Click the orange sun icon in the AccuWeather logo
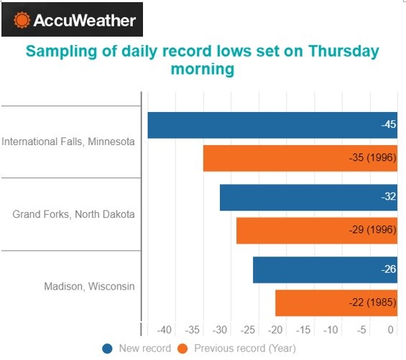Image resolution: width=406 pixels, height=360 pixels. point(22,20)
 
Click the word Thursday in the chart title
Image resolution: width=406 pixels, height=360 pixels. point(343,51)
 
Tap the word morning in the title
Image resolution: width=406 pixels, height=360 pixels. point(203,69)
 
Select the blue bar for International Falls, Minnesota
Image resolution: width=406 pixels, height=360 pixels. point(272,125)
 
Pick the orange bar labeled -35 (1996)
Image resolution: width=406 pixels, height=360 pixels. point(300,158)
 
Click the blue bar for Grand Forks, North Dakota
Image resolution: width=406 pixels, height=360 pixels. point(309,198)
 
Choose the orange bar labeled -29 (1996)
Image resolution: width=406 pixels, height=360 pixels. point(317,231)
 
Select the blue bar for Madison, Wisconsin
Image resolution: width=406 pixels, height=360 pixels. point(326,270)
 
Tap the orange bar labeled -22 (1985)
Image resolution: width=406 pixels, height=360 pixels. point(336,303)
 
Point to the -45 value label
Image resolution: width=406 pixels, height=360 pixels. point(389,124)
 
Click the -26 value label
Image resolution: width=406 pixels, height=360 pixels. point(389,269)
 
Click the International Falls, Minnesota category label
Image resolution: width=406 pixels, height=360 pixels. point(68,142)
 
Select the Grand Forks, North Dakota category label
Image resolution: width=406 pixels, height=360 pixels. point(73,214)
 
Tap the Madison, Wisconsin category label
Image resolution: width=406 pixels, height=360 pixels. point(89,287)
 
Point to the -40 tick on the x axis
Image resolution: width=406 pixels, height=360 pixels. point(164,330)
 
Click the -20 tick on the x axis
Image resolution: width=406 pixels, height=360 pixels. point(275,330)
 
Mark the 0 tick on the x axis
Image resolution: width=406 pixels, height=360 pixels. point(391,330)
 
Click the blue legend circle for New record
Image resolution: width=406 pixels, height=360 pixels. point(107,349)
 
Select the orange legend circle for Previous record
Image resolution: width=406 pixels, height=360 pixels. point(183,349)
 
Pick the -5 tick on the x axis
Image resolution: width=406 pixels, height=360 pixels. point(361,330)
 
